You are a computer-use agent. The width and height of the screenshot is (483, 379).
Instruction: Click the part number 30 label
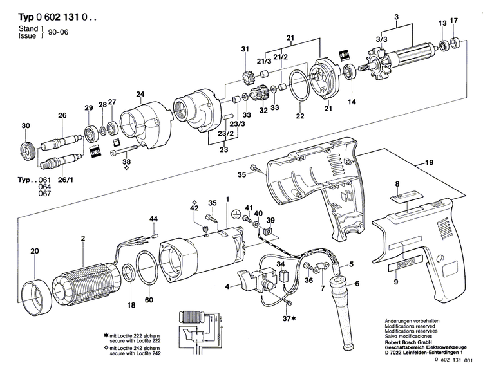pos(26,125)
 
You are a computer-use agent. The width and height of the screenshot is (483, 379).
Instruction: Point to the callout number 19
pos(428,164)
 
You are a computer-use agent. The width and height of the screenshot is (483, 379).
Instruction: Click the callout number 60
pos(149,300)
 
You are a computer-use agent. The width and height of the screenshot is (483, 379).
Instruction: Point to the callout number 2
pos(82,239)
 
